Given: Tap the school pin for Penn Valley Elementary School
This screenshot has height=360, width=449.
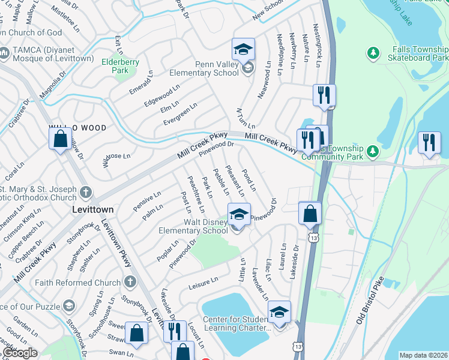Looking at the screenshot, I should (x=243, y=49).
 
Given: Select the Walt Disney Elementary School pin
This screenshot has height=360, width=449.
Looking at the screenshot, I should (x=238, y=214).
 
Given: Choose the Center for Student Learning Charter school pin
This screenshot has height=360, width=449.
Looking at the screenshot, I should (x=279, y=312).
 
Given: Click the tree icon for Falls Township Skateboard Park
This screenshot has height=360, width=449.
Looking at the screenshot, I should (x=373, y=53).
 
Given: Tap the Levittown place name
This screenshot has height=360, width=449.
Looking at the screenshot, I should (x=93, y=211).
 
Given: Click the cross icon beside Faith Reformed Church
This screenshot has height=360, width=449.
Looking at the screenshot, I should (x=130, y=283).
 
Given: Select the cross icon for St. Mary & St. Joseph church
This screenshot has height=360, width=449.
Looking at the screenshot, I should (x=86, y=193).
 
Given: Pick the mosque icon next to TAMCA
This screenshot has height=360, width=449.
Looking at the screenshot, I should (x=4, y=53).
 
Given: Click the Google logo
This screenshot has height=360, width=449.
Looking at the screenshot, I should (x=20, y=353).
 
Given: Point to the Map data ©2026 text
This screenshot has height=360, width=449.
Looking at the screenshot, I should (x=423, y=355).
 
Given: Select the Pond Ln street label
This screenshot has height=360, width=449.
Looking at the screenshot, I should (x=249, y=180).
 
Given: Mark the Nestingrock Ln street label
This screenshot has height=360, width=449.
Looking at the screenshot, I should (x=319, y=44).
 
